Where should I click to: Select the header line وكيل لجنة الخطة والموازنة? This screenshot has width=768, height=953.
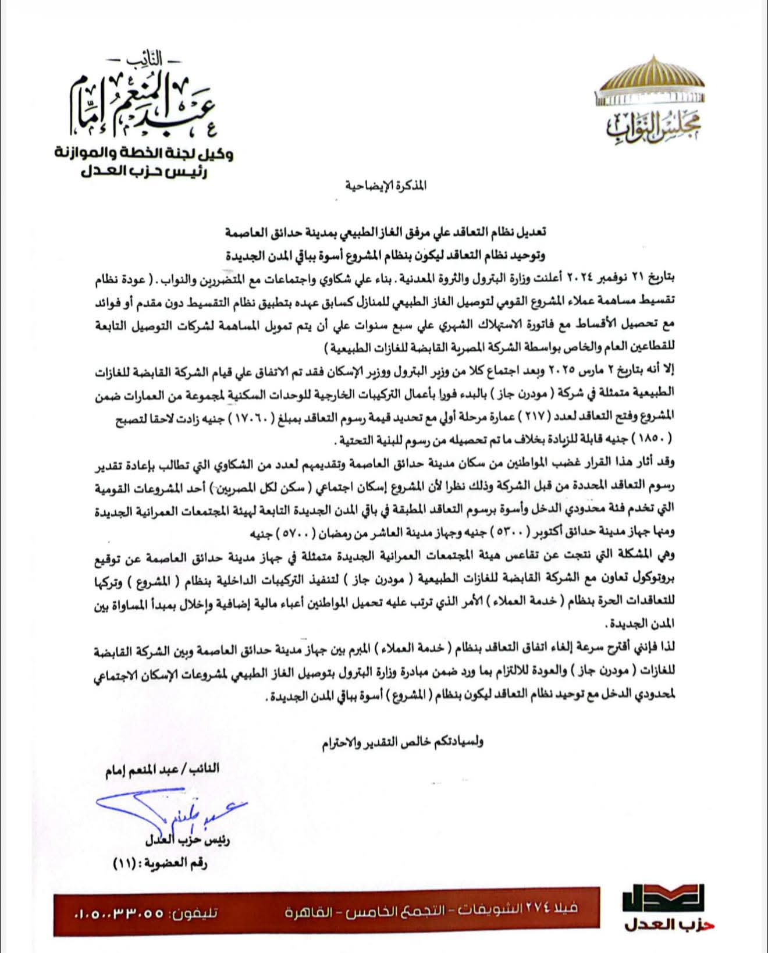(144, 154)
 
